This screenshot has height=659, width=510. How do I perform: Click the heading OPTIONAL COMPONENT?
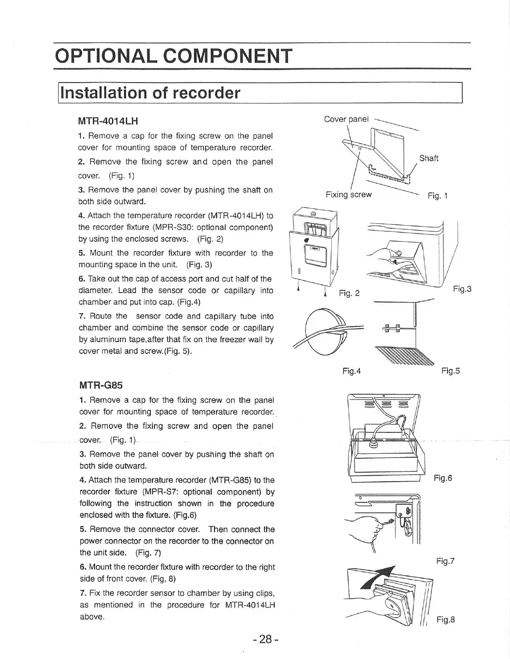point(174,56)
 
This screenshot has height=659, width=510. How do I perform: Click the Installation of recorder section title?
point(151,93)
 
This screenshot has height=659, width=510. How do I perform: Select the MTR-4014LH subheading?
point(108,121)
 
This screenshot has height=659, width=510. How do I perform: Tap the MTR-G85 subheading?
point(101,385)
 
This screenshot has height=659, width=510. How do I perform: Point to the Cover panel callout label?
point(346,119)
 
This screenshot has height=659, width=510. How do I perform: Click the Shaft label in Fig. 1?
point(429,158)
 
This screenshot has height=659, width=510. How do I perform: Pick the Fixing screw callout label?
point(348,195)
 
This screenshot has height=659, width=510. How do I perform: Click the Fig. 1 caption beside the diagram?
point(437,196)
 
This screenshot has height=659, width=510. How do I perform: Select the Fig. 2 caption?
point(349,294)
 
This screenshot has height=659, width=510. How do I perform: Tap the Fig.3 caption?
point(462,289)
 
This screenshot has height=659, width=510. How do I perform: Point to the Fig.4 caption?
point(351,370)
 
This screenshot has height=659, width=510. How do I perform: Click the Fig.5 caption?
point(450,370)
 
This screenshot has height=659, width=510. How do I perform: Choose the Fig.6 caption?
point(443,478)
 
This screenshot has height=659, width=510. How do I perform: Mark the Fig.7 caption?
point(445,561)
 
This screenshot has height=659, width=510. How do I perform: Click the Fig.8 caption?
point(445,619)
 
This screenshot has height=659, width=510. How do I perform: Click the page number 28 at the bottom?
point(265,639)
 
